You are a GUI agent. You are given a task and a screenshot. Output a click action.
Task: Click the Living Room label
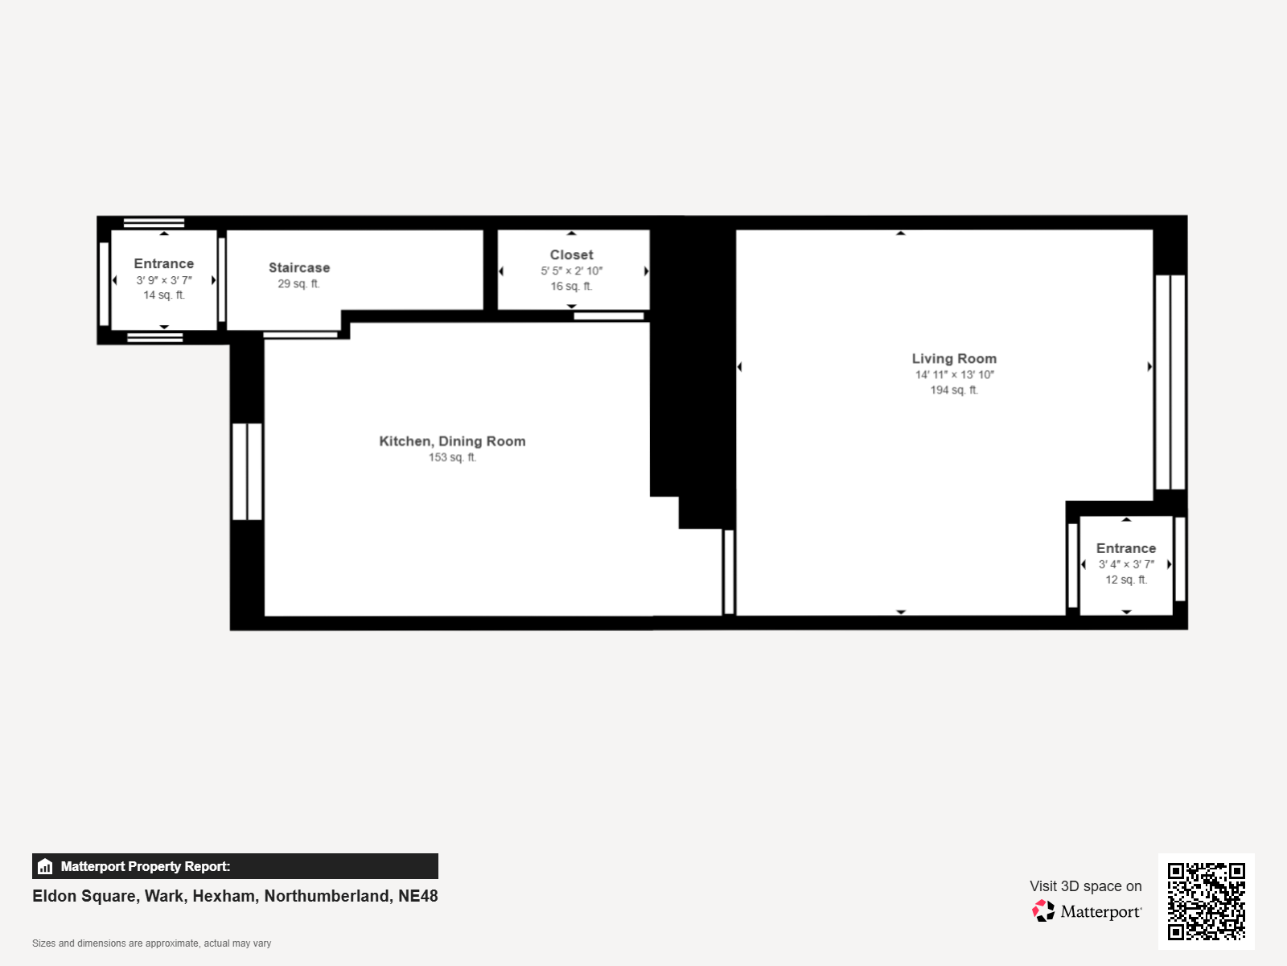tap(954, 358)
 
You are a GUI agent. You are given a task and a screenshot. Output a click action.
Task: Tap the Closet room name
tap(572, 254)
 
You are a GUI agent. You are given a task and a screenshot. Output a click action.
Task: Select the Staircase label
tap(299, 267)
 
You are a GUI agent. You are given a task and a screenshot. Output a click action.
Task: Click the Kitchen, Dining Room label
tap(452, 441)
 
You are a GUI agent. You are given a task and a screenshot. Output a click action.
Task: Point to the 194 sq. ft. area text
tap(954, 390)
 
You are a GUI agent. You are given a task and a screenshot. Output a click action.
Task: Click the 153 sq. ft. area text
tap(452, 457)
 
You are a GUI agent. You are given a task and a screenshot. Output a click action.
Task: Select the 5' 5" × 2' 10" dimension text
tap(572, 270)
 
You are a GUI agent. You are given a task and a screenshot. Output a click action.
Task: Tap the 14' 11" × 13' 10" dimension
tap(955, 374)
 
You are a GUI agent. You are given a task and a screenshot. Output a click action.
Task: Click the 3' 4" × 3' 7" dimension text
tap(1126, 564)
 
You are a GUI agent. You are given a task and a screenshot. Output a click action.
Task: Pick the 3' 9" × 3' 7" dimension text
tap(164, 280)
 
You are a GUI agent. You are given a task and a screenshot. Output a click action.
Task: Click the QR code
tap(1206, 901)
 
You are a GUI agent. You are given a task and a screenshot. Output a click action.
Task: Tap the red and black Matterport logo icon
tap(1043, 911)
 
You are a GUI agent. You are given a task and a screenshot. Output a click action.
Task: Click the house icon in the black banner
tap(45, 866)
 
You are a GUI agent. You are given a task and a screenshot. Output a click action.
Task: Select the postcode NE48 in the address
tap(418, 896)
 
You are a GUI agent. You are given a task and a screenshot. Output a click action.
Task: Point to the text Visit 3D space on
tap(1086, 885)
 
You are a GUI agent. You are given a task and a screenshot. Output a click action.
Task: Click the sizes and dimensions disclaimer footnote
tap(151, 943)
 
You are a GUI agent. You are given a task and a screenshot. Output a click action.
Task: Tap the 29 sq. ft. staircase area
tap(299, 283)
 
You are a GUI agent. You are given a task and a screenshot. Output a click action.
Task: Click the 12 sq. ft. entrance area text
tap(1126, 580)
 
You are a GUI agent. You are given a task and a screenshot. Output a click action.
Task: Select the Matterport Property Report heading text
tap(146, 866)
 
